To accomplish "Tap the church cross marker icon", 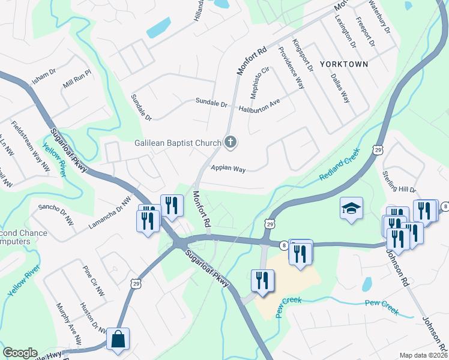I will click(x=230, y=143).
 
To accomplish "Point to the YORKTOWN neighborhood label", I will click(x=343, y=63).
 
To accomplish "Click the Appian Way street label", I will click(x=228, y=169).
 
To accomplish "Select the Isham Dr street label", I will click(x=43, y=76).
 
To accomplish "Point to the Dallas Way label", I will click(x=340, y=88).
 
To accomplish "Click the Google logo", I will click(x=19, y=353).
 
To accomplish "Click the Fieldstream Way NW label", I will click(x=31, y=146).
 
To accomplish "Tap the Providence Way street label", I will click(x=292, y=66).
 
